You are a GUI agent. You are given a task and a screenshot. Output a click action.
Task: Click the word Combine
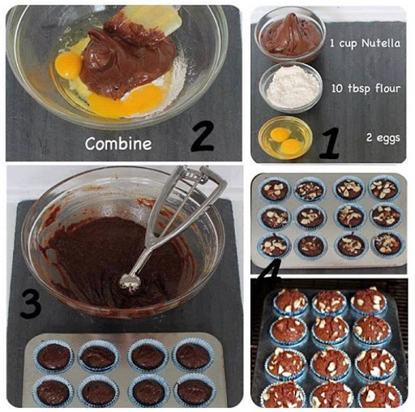pyautogui.click(x=118, y=144)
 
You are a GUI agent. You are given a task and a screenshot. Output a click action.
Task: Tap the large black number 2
pyautogui.click(x=202, y=137)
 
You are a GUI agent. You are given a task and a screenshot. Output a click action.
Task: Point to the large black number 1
pyautogui.click(x=330, y=143)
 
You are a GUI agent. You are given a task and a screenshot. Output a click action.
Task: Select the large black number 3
pyautogui.click(x=30, y=303)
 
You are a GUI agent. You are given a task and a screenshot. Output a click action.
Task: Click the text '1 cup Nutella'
pyautogui.click(x=365, y=43)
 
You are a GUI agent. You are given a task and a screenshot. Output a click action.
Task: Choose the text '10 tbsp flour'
pyautogui.click(x=366, y=88)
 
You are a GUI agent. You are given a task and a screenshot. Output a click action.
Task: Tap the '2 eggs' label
pyautogui.click(x=383, y=138)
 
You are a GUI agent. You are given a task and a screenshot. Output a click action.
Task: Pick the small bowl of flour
pyautogui.click(x=291, y=87)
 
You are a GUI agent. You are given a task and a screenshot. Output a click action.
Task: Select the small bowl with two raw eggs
pyautogui.click(x=285, y=138)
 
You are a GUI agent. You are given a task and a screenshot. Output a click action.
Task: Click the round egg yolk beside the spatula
pyautogui.click(x=68, y=65)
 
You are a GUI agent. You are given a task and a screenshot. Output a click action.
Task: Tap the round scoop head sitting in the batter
pyautogui.click(x=130, y=282)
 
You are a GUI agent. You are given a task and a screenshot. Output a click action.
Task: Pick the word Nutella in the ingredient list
pyautogui.click(x=381, y=43)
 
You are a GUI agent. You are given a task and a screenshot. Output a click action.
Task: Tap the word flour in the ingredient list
pyautogui.click(x=387, y=88)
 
